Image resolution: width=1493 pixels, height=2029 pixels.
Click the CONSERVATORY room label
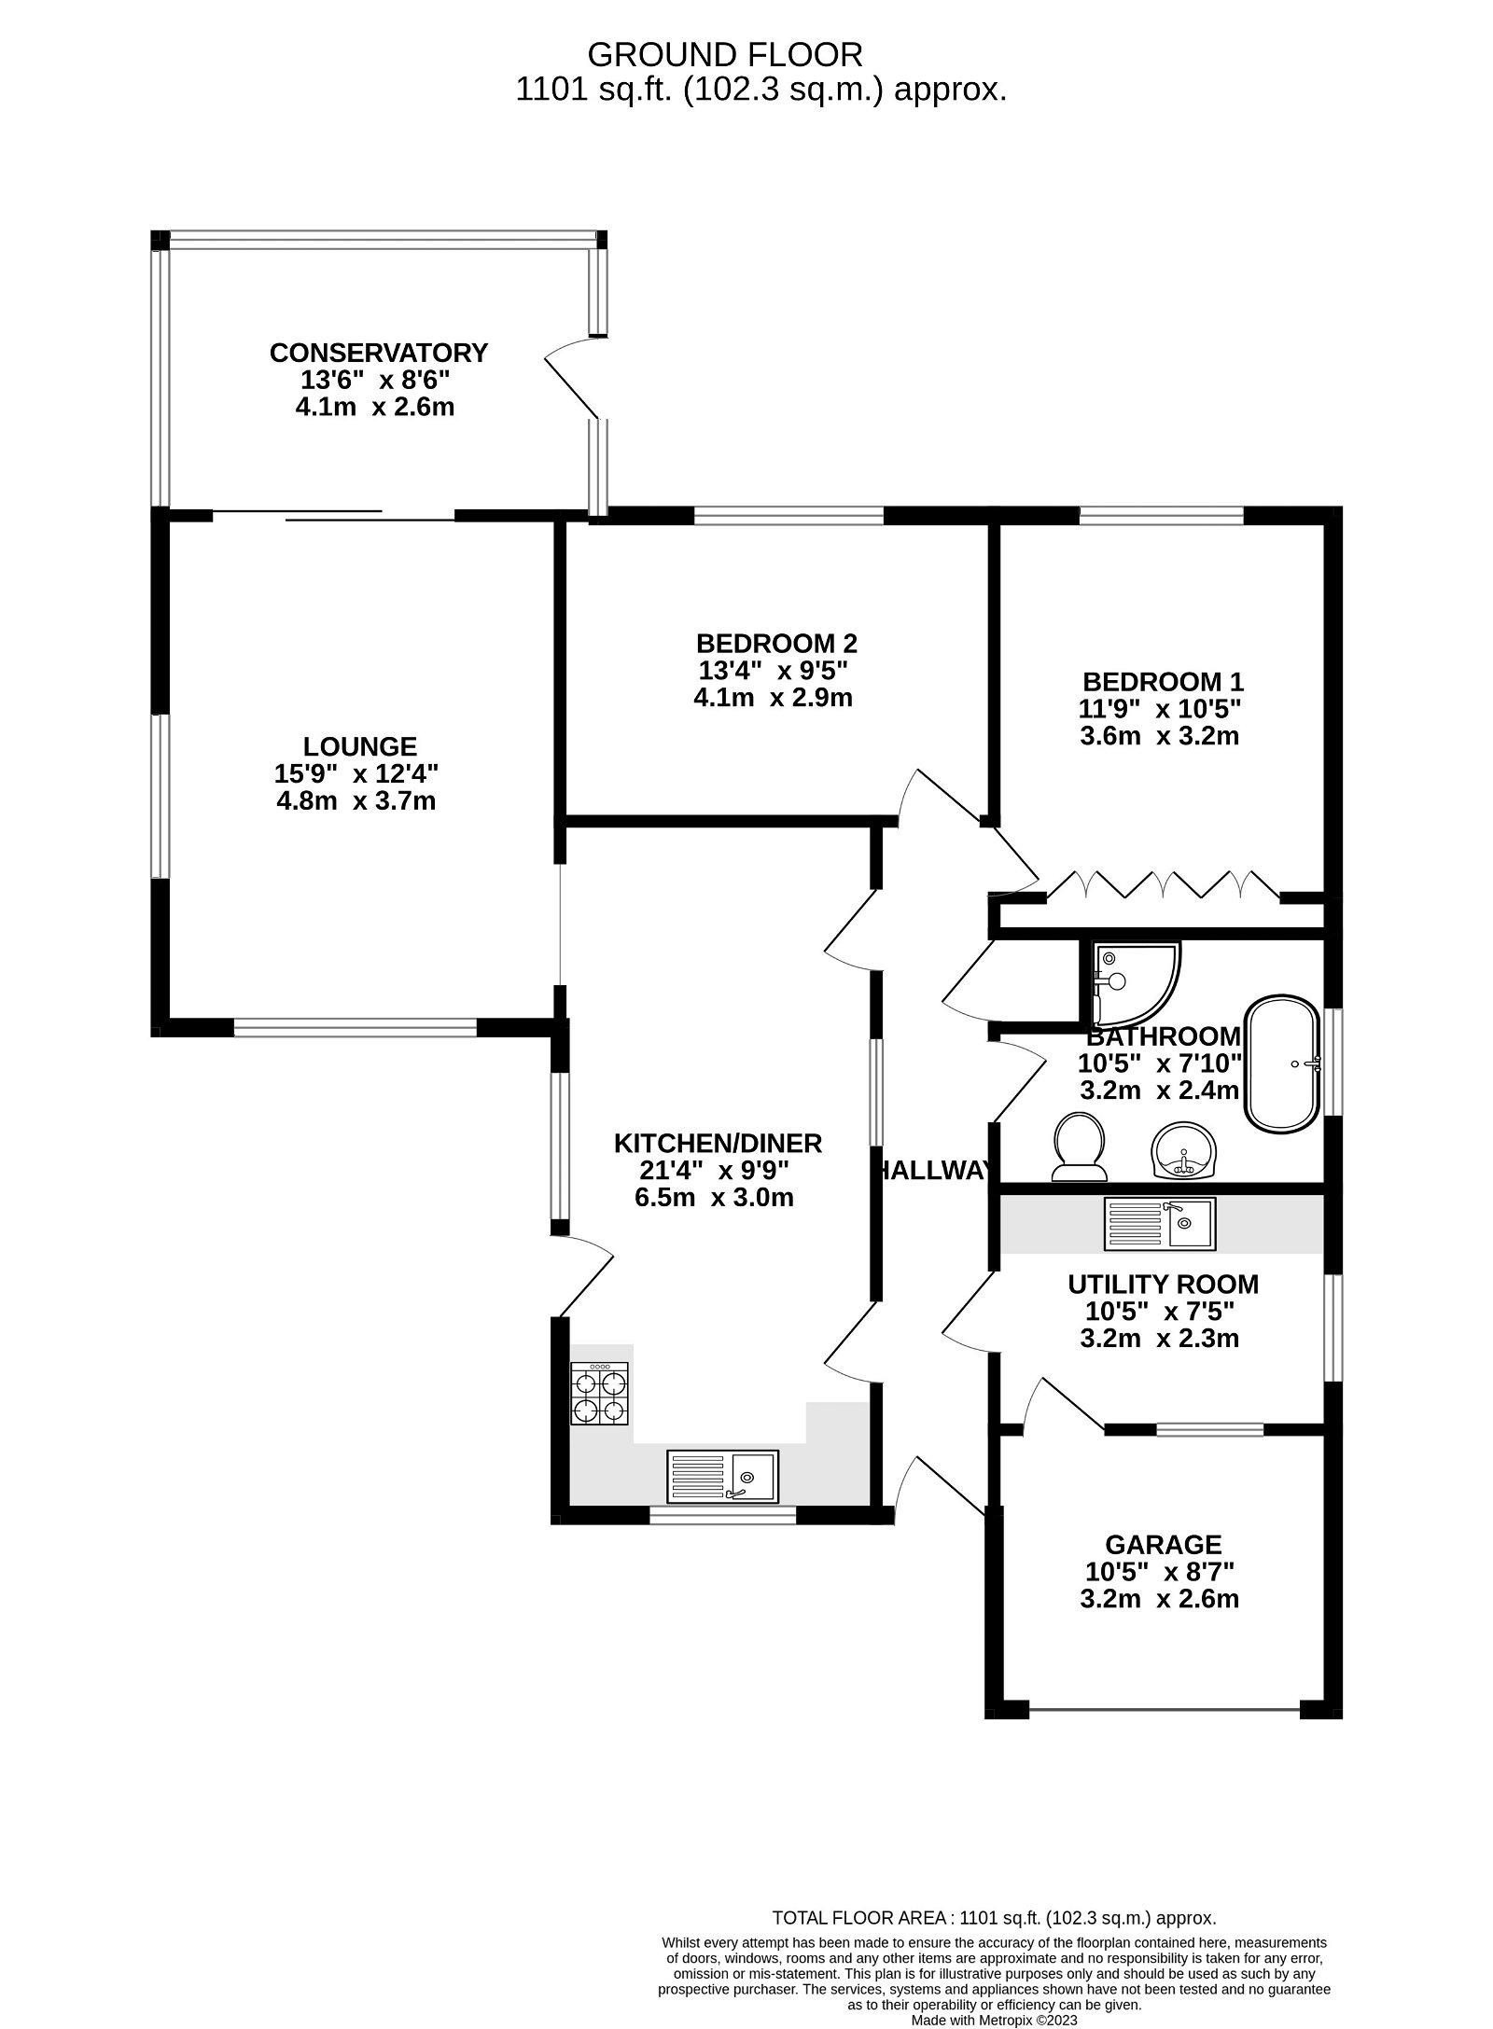click(x=378, y=353)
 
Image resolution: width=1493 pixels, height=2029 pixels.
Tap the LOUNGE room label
click(x=359, y=746)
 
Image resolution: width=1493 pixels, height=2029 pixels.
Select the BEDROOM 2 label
click(x=776, y=644)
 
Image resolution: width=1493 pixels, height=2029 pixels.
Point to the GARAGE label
click(x=1163, y=1544)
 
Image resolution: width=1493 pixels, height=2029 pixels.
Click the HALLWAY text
click(x=933, y=1170)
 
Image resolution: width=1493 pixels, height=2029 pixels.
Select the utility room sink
click(x=1160, y=1224)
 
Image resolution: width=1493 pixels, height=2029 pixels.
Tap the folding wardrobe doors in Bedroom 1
click(x=1163, y=884)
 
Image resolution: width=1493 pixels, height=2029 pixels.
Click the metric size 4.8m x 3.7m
click(x=356, y=800)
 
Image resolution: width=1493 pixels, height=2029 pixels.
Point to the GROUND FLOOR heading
click(x=725, y=55)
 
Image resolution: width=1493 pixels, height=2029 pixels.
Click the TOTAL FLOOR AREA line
click(x=994, y=1918)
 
